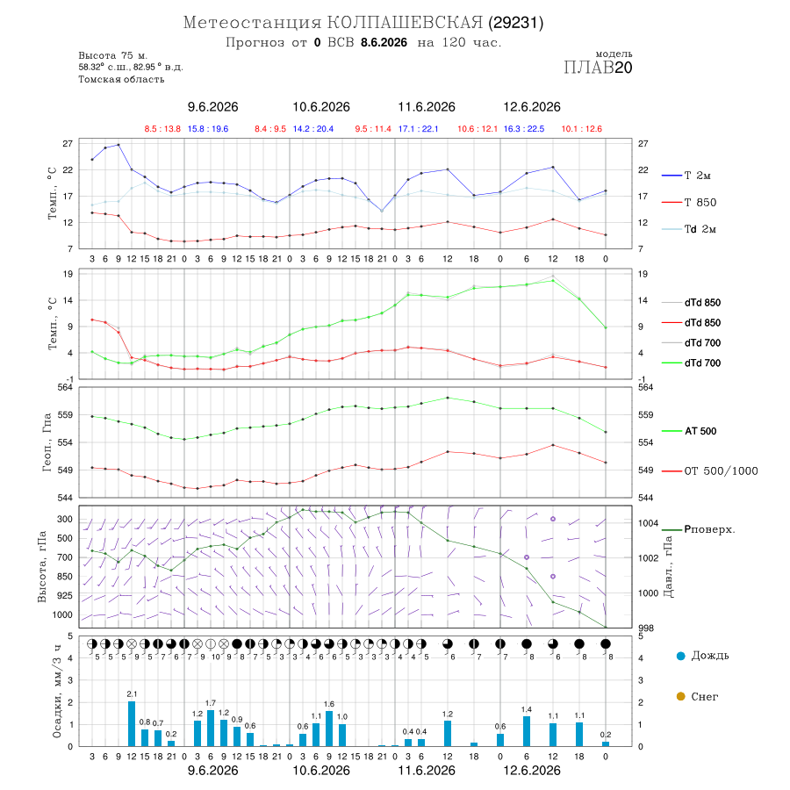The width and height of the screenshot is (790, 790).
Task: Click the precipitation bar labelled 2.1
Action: coord(132,723)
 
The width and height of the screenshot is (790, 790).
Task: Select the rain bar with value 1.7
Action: coord(211,728)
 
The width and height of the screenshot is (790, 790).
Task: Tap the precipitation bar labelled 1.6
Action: coord(329,729)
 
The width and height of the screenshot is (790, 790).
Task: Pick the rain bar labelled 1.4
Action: coord(527,731)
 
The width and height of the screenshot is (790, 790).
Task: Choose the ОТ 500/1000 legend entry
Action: coord(710,471)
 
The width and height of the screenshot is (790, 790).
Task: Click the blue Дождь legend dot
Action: coord(680,656)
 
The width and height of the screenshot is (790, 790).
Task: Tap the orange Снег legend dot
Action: coord(680,697)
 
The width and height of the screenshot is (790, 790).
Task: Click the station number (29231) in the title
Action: coord(515,23)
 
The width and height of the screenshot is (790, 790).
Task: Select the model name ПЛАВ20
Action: coord(598,68)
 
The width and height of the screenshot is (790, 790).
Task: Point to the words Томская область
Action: coord(121,79)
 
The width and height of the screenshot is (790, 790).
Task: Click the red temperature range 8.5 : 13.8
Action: coord(162,129)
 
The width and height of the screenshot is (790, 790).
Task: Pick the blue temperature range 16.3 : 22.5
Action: coord(524,129)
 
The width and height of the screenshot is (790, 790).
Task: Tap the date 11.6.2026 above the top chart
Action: coord(427,107)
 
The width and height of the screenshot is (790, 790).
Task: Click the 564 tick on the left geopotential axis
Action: coord(66,387)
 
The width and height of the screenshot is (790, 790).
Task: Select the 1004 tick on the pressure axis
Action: coord(649,523)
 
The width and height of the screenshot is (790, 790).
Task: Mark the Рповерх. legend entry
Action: coord(699,529)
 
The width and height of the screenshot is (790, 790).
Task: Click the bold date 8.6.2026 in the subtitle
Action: coord(384,42)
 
